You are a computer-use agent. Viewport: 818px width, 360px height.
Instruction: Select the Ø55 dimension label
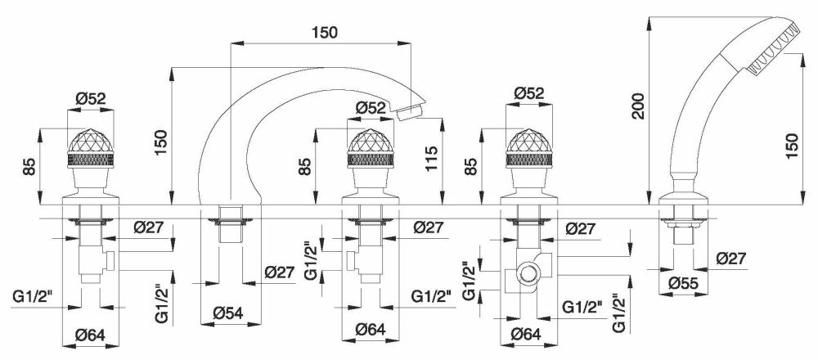click(683, 283)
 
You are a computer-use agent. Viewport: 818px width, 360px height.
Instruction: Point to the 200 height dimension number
click(639, 106)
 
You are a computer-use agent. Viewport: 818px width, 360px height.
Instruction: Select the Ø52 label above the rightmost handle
click(529, 93)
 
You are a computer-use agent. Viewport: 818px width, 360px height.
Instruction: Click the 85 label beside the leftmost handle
click(29, 167)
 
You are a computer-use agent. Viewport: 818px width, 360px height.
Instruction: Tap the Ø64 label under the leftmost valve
click(90, 335)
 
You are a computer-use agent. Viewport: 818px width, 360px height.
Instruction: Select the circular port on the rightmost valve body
click(528, 274)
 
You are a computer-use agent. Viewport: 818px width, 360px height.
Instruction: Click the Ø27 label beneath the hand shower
click(730, 258)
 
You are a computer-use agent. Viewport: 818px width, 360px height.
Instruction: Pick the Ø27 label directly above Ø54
click(280, 272)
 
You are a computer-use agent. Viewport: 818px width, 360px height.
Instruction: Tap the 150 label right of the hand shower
click(791, 146)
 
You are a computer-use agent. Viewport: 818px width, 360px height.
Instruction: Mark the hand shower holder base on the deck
click(683, 199)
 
